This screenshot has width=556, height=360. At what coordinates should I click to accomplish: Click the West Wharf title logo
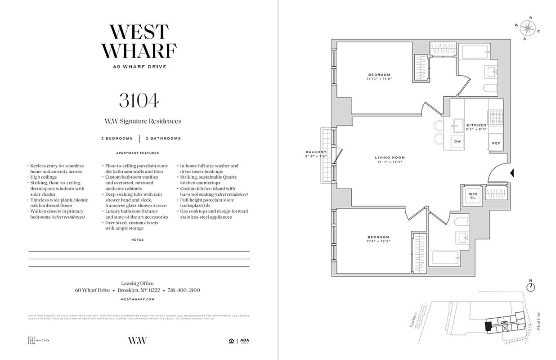pyautogui.click(x=139, y=41)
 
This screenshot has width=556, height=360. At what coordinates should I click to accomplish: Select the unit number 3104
pyautogui.click(x=139, y=101)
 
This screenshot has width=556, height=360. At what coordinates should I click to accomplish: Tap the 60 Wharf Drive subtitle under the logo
pyautogui.click(x=139, y=67)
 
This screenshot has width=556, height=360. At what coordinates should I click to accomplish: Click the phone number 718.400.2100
pyautogui.click(x=184, y=290)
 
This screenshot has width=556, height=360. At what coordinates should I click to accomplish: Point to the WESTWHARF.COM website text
pyautogui.click(x=138, y=299)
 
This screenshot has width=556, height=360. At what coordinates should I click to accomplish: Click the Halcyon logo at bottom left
pyautogui.click(x=39, y=340)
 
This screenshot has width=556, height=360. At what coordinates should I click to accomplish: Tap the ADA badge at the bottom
pyautogui.click(x=245, y=340)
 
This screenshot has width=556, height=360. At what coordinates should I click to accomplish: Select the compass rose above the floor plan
pyautogui.click(x=527, y=28)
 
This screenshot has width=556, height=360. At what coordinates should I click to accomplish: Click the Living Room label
pyautogui.click(x=390, y=157)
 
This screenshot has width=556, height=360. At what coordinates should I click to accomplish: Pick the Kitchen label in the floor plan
pyautogui.click(x=476, y=125)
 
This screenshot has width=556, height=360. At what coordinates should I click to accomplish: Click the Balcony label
pyautogui.click(x=315, y=152)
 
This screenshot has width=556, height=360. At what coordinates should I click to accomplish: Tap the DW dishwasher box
pyautogui.click(x=457, y=141)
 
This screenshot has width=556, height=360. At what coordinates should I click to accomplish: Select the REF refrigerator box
pyautogui.click(x=496, y=143)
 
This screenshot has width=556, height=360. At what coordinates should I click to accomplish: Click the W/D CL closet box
pyautogui.click(x=472, y=195)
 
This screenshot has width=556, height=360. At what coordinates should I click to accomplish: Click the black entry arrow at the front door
pyautogui.click(x=512, y=173)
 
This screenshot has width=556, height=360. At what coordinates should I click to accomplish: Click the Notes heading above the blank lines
pyautogui.click(x=138, y=240)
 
